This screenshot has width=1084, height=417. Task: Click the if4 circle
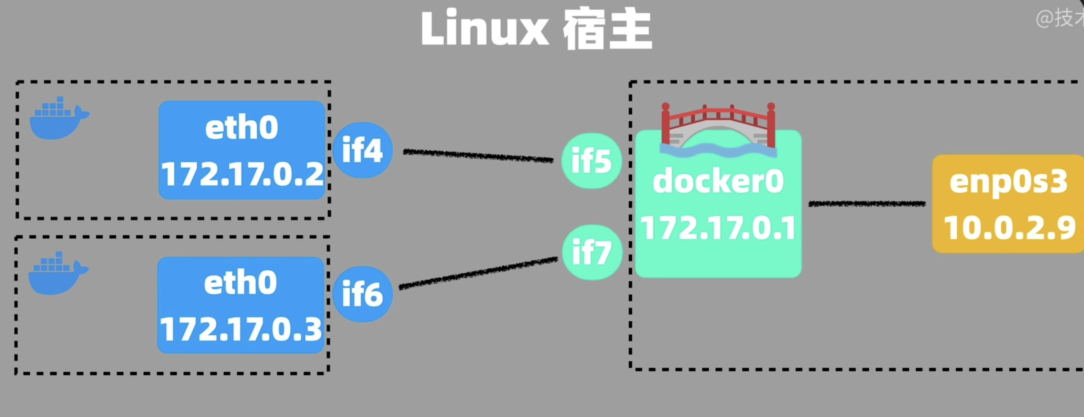[362, 150]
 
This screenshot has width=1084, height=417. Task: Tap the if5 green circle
[591, 160]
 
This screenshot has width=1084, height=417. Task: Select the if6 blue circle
[362, 294]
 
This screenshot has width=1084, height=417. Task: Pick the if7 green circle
[591, 252]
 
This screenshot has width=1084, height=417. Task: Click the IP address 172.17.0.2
[242, 175]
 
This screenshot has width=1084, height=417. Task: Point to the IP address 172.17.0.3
[240, 330]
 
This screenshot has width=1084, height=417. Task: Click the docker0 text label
[718, 181]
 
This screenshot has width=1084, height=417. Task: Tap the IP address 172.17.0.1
[718, 228]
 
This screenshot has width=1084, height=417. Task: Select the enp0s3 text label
[1008, 182]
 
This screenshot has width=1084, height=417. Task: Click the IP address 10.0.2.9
[1009, 228]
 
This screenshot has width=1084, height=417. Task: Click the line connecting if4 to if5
[478, 156]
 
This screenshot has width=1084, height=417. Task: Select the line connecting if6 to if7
[478, 272]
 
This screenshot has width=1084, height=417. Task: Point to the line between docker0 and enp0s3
[867, 204]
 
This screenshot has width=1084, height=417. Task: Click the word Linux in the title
[484, 28]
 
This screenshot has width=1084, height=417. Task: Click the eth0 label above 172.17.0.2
[242, 128]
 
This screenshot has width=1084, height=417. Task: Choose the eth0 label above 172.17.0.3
[240, 283]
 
